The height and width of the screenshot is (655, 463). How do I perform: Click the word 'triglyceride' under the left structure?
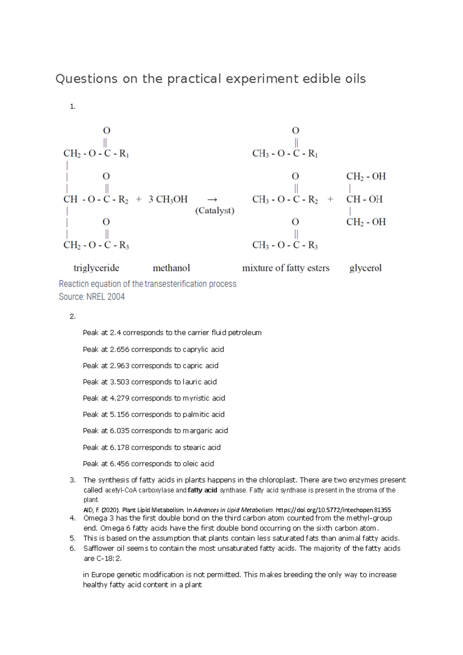[96, 268]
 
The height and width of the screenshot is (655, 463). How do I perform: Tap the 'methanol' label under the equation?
[171, 268]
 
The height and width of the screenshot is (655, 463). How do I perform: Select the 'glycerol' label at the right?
[365, 268]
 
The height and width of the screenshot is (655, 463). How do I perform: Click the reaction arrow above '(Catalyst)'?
[212, 199]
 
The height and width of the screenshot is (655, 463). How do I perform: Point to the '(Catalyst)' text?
[215, 211]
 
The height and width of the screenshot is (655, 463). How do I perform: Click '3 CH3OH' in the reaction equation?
[168, 199]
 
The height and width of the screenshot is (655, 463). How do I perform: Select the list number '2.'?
[73, 316]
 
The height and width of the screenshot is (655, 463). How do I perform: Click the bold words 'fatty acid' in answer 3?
[203, 490]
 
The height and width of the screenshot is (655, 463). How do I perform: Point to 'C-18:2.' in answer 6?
[109, 558]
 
